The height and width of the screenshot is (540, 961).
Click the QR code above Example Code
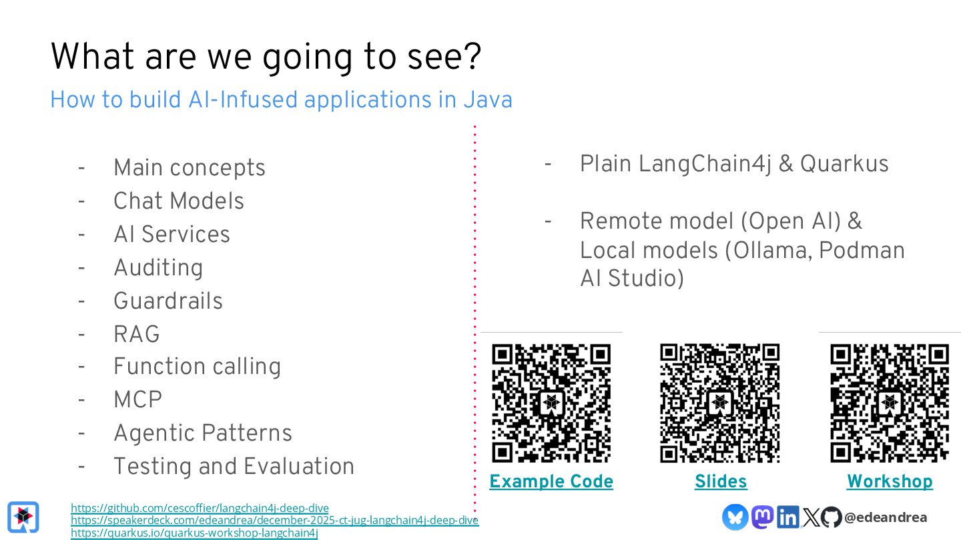tap(551, 403)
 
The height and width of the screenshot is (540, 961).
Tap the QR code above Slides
tap(720, 403)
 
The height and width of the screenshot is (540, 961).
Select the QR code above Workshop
tap(890, 403)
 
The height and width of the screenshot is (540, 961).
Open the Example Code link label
tap(551, 481)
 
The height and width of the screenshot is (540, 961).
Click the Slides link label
tap(721, 481)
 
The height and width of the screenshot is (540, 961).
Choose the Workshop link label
tap(890, 481)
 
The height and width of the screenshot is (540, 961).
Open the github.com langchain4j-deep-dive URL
tap(200, 508)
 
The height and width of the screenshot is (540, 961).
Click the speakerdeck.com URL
tap(274, 520)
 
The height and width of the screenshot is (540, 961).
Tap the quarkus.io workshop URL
tap(194, 533)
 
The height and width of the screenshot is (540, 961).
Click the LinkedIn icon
tap(787, 517)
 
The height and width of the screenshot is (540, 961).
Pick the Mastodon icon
tap(762, 517)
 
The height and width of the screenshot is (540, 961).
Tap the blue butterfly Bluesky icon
tap(735, 517)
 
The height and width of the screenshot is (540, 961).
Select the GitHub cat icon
tap(831, 517)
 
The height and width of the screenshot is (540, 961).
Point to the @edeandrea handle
tap(886, 517)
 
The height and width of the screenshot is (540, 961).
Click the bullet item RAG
tap(137, 334)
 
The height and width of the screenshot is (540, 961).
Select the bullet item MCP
tap(138, 400)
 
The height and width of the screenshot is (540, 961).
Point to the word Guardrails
tap(168, 301)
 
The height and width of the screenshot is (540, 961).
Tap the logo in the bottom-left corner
tap(23, 517)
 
